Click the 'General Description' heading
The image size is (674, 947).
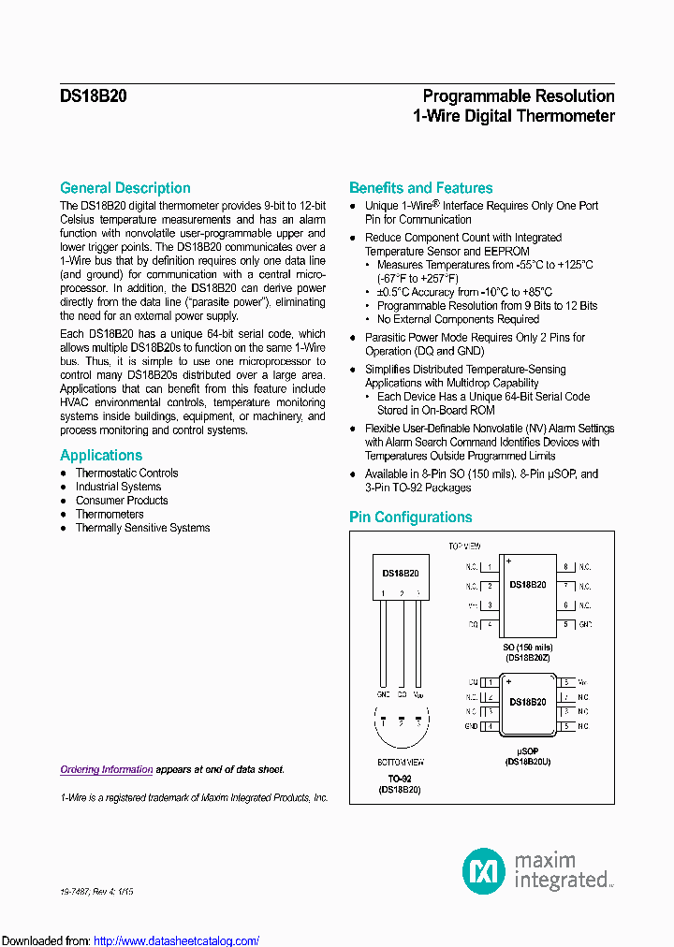pyautogui.click(x=125, y=188)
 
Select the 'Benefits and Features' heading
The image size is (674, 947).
pyautogui.click(x=420, y=188)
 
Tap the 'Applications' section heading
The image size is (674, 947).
pyautogui.click(x=101, y=456)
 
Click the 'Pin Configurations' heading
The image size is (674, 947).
pyautogui.click(x=410, y=517)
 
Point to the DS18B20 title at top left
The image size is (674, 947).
pyautogui.click(x=94, y=96)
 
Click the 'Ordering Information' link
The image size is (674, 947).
pyautogui.click(x=106, y=769)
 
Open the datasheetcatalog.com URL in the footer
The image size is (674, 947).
pyautogui.click(x=176, y=940)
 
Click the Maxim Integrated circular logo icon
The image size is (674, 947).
pyautogui.click(x=484, y=870)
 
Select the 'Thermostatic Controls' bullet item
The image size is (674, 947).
pyautogui.click(x=126, y=473)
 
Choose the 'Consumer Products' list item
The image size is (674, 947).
pyautogui.click(x=122, y=501)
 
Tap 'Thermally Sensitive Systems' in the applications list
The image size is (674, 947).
pyautogui.click(x=142, y=528)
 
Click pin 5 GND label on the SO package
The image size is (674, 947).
pyautogui.click(x=585, y=624)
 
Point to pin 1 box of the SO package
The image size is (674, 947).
pyautogui.click(x=490, y=567)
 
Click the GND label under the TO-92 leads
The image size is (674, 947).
pyautogui.click(x=382, y=695)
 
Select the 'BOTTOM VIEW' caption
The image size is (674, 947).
pyautogui.click(x=400, y=763)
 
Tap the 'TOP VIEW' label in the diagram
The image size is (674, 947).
pyautogui.click(x=464, y=546)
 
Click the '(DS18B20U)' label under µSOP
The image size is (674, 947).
pyautogui.click(x=528, y=763)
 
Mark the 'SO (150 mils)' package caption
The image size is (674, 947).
pyautogui.click(x=528, y=648)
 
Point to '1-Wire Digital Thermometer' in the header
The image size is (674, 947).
pyautogui.click(x=513, y=117)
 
